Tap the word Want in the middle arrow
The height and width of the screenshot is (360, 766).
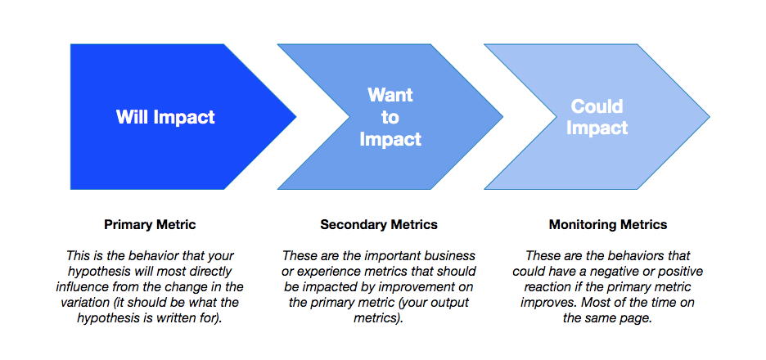point(390,95)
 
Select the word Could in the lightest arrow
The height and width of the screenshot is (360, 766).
point(597,106)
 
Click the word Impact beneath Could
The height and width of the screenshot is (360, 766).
point(597,128)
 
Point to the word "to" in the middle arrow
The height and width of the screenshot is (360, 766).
point(390,117)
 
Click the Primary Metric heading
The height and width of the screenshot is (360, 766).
point(150,224)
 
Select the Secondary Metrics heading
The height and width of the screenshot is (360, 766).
point(379,224)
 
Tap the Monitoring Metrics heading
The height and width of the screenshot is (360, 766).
point(608,224)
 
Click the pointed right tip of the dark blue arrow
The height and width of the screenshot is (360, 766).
point(295,117)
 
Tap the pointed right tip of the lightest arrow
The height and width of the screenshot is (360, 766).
point(709,117)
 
